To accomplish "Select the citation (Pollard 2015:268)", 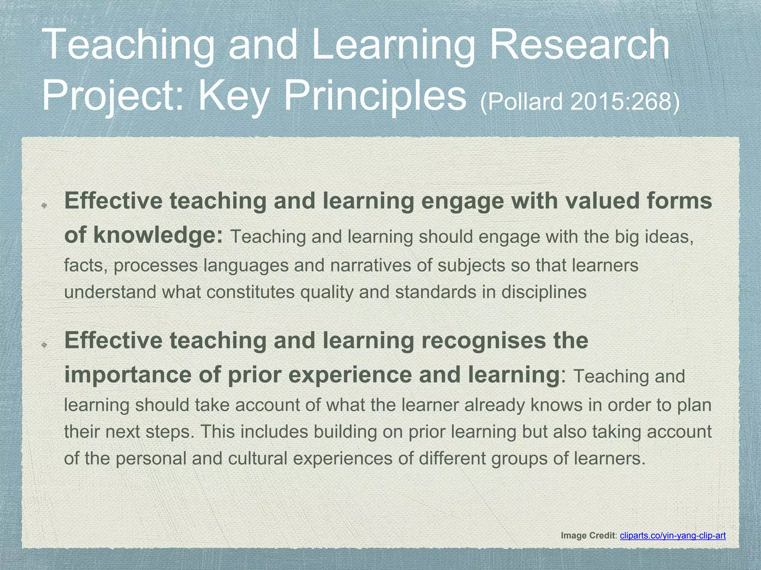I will (580, 101).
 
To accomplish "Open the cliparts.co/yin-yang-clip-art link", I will (673, 535).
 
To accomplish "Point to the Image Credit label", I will (589, 535).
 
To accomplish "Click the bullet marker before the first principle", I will (43, 205).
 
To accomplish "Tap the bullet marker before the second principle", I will (43, 345).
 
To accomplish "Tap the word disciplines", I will (544, 292).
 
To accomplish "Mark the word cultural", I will (258, 458).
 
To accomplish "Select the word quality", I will (327, 292).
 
